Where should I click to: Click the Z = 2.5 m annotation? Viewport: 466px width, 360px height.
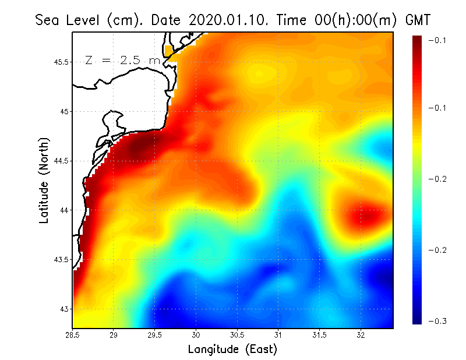coord(122,60)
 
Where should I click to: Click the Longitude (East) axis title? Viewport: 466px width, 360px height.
coord(232,350)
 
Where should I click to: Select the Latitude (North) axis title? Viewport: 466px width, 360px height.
coord(44,181)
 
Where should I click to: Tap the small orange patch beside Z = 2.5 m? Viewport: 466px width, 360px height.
coord(170,51)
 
